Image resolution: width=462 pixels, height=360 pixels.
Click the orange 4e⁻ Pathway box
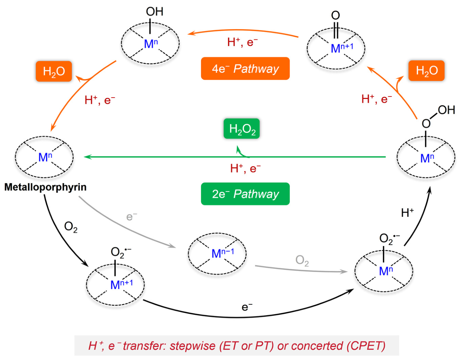[245, 68]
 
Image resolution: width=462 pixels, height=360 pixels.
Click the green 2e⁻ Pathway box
[245, 194]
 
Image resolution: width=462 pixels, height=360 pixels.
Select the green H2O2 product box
[242, 128]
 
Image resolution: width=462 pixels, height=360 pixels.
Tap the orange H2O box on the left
[54, 71]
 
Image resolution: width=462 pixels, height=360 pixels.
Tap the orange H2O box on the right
[426, 71]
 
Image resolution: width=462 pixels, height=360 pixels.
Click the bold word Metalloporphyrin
[45, 187]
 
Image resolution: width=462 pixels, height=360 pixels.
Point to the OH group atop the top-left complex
[155, 11]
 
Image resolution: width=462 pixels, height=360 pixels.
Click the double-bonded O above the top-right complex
[335, 16]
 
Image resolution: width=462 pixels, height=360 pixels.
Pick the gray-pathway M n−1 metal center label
[222, 253]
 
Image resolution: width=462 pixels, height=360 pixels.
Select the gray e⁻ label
[132, 217]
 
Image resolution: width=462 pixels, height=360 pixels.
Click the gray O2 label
[302, 261]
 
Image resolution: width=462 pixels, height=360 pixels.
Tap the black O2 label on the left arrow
[71, 227]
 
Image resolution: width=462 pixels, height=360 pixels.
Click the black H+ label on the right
[407, 213]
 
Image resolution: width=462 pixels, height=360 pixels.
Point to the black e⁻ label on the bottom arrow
[247, 307]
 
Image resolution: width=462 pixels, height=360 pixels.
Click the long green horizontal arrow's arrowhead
[88, 157]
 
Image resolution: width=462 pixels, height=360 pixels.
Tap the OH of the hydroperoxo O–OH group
[446, 110]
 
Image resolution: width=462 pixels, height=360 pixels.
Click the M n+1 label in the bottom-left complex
[121, 284]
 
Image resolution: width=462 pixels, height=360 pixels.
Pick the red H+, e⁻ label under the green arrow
[245, 168]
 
